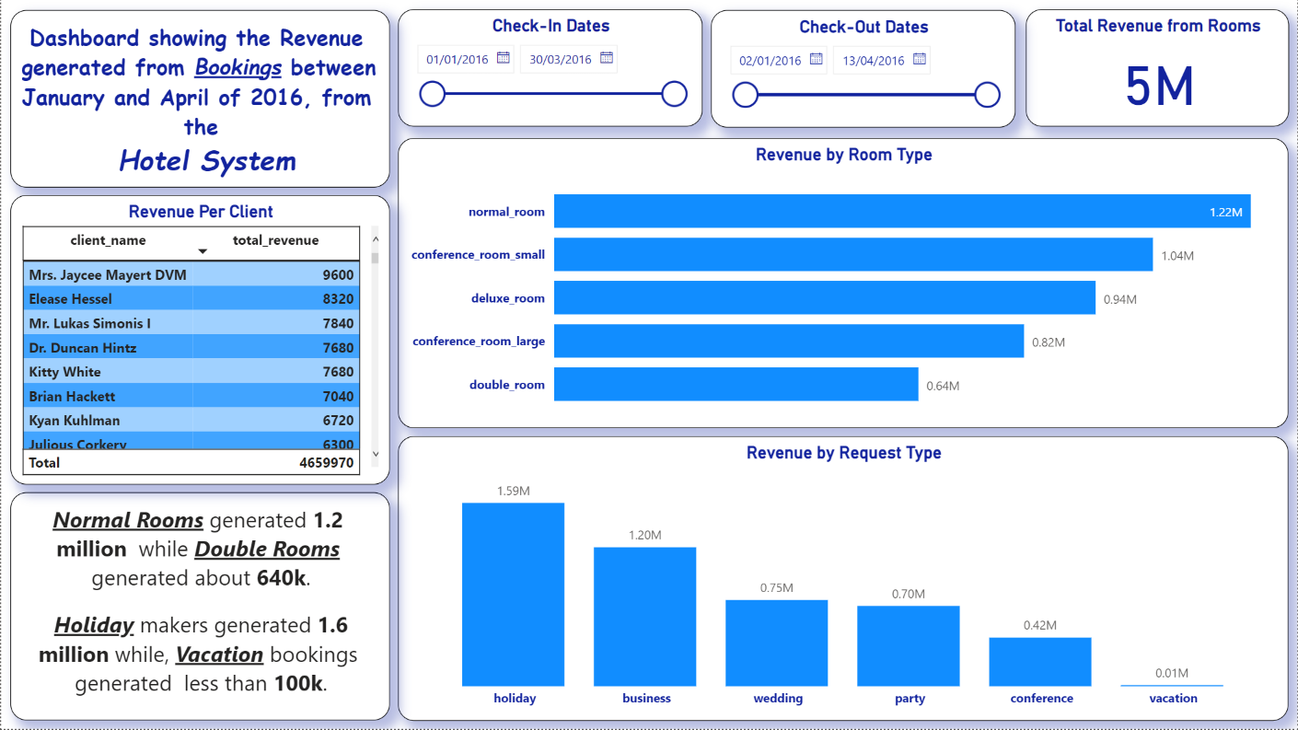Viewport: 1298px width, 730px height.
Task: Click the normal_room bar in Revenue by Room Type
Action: click(x=901, y=212)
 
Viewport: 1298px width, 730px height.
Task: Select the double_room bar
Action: click(x=736, y=385)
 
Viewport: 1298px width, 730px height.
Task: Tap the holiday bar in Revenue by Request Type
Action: click(x=513, y=594)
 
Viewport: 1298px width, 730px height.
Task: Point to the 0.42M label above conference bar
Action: click(x=1040, y=625)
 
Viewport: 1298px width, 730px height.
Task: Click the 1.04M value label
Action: click(x=1177, y=256)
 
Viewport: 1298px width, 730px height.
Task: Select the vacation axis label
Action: click(x=1173, y=699)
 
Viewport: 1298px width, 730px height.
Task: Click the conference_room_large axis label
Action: click(x=479, y=342)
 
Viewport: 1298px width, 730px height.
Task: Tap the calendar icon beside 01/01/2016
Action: click(x=503, y=58)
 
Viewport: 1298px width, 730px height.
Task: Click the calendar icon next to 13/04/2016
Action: click(x=919, y=60)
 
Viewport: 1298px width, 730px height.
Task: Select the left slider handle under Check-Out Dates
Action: click(x=745, y=94)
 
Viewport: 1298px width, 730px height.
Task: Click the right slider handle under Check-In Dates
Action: click(x=674, y=94)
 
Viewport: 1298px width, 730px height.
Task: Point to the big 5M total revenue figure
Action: click(x=1158, y=87)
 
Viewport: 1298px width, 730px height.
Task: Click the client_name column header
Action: click(x=108, y=240)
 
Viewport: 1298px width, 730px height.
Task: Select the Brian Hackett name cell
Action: click(x=72, y=397)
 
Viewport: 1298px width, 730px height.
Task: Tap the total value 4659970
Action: click(x=326, y=463)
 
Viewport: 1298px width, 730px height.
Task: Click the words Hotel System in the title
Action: click(x=207, y=161)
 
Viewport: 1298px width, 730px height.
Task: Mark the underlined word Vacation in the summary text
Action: click(x=219, y=655)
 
